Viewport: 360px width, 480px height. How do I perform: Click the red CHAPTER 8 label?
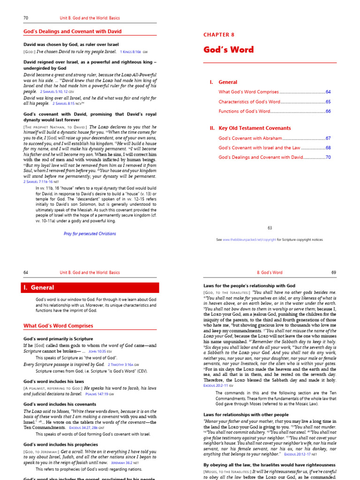[x=218, y=35]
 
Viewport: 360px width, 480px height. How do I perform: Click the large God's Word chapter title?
[x=228, y=50]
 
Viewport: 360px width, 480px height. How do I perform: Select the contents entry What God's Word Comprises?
[x=248, y=92]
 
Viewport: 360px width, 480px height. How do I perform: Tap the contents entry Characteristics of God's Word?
[x=249, y=102]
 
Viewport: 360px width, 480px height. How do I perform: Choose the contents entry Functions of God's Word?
[x=245, y=111]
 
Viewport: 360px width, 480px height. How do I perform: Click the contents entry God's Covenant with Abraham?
[x=250, y=138]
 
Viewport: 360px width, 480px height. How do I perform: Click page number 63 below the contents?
[x=270, y=228]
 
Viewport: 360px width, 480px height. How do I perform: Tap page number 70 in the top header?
[x=26, y=18]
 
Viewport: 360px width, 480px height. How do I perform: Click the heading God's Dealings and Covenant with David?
[x=73, y=32]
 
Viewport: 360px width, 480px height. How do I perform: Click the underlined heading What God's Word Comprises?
[x=58, y=326]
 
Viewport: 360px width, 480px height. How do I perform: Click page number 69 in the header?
[x=334, y=272]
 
